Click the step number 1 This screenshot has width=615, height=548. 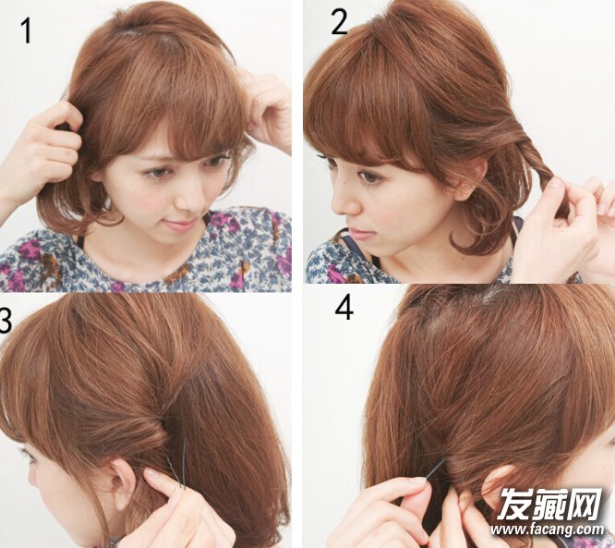(26, 31)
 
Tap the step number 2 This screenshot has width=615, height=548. (339, 22)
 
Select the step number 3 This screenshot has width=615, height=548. (6, 320)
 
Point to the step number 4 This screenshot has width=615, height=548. (344, 308)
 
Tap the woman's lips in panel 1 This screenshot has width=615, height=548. (180, 225)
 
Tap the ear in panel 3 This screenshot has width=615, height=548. (123, 482)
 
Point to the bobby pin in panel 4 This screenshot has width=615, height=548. (435, 469)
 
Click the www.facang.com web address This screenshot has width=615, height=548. (548, 530)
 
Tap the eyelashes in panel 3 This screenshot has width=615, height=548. (26, 456)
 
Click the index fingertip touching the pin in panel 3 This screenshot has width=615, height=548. (155, 476)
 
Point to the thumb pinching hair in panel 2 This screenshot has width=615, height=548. (557, 189)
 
